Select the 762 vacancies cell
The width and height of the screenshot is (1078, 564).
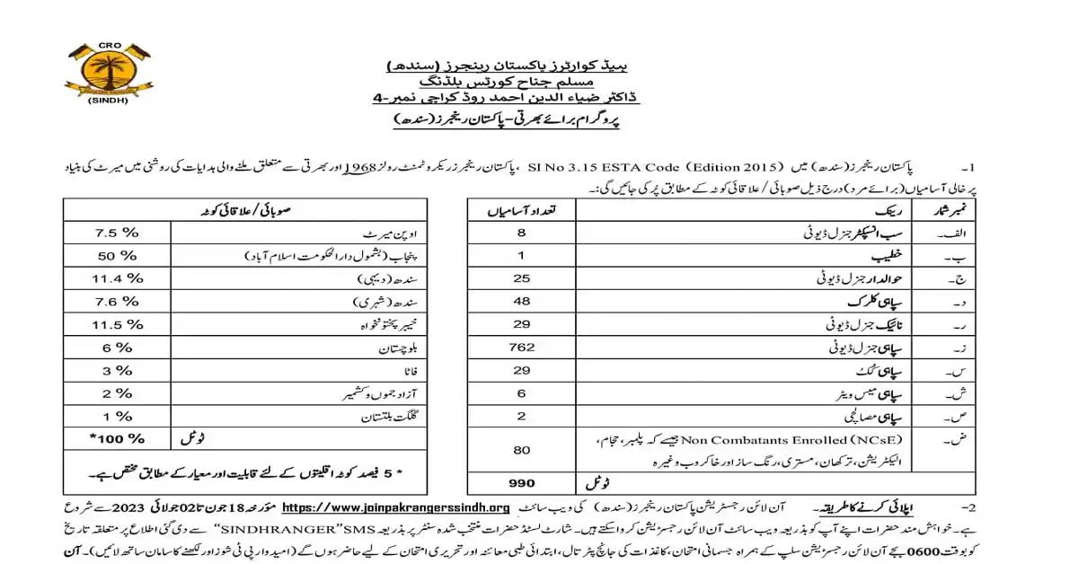521,347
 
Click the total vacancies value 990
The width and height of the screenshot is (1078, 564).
521,482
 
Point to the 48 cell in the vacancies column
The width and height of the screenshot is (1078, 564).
521,300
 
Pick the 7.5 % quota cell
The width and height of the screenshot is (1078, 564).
119,233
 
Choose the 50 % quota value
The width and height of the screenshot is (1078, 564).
119,256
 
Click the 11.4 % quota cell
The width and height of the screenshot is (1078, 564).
119,278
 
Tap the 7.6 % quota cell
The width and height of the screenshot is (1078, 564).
119,301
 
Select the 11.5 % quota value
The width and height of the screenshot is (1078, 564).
119,323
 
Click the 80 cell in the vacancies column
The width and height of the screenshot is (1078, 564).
521,448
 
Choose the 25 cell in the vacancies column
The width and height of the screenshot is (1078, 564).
521,278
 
